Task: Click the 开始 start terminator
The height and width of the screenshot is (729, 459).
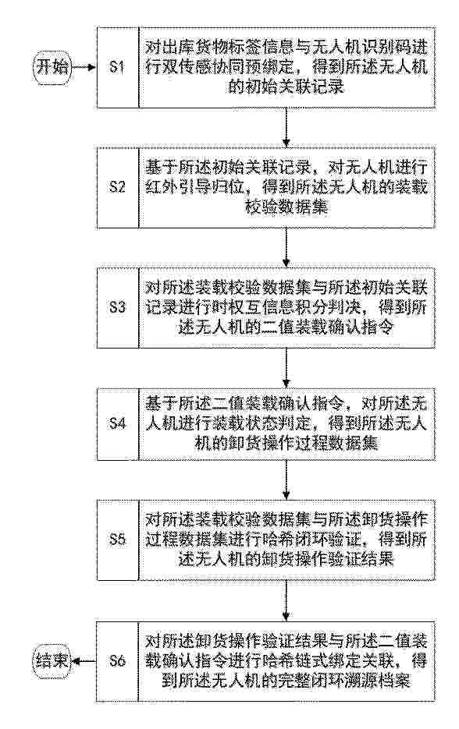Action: (x=52, y=68)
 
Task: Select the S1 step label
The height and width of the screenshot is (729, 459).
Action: (x=117, y=68)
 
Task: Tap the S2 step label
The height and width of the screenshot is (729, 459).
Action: (x=117, y=187)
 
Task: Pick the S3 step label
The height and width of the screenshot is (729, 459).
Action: (x=117, y=307)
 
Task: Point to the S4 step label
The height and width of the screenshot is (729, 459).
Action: (x=117, y=423)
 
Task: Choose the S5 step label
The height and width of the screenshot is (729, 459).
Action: (x=117, y=540)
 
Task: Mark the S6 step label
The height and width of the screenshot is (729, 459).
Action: (x=117, y=660)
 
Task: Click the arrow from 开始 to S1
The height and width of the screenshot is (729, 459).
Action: (x=84, y=68)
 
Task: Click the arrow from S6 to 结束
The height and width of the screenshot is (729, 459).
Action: (x=84, y=660)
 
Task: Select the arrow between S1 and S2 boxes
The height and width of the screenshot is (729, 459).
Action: (x=287, y=128)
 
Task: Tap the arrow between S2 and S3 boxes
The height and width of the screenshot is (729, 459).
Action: (x=287, y=247)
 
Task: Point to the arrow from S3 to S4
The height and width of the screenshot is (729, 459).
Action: (x=287, y=366)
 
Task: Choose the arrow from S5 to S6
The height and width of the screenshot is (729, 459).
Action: (x=287, y=599)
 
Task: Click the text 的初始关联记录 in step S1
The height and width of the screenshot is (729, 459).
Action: (x=286, y=87)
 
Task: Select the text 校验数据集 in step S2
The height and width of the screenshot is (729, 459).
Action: (x=286, y=207)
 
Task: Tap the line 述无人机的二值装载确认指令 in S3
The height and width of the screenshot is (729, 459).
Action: (x=286, y=327)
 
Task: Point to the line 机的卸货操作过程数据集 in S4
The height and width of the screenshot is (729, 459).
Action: (x=286, y=443)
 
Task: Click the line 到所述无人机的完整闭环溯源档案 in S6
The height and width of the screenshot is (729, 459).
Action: (x=286, y=681)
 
